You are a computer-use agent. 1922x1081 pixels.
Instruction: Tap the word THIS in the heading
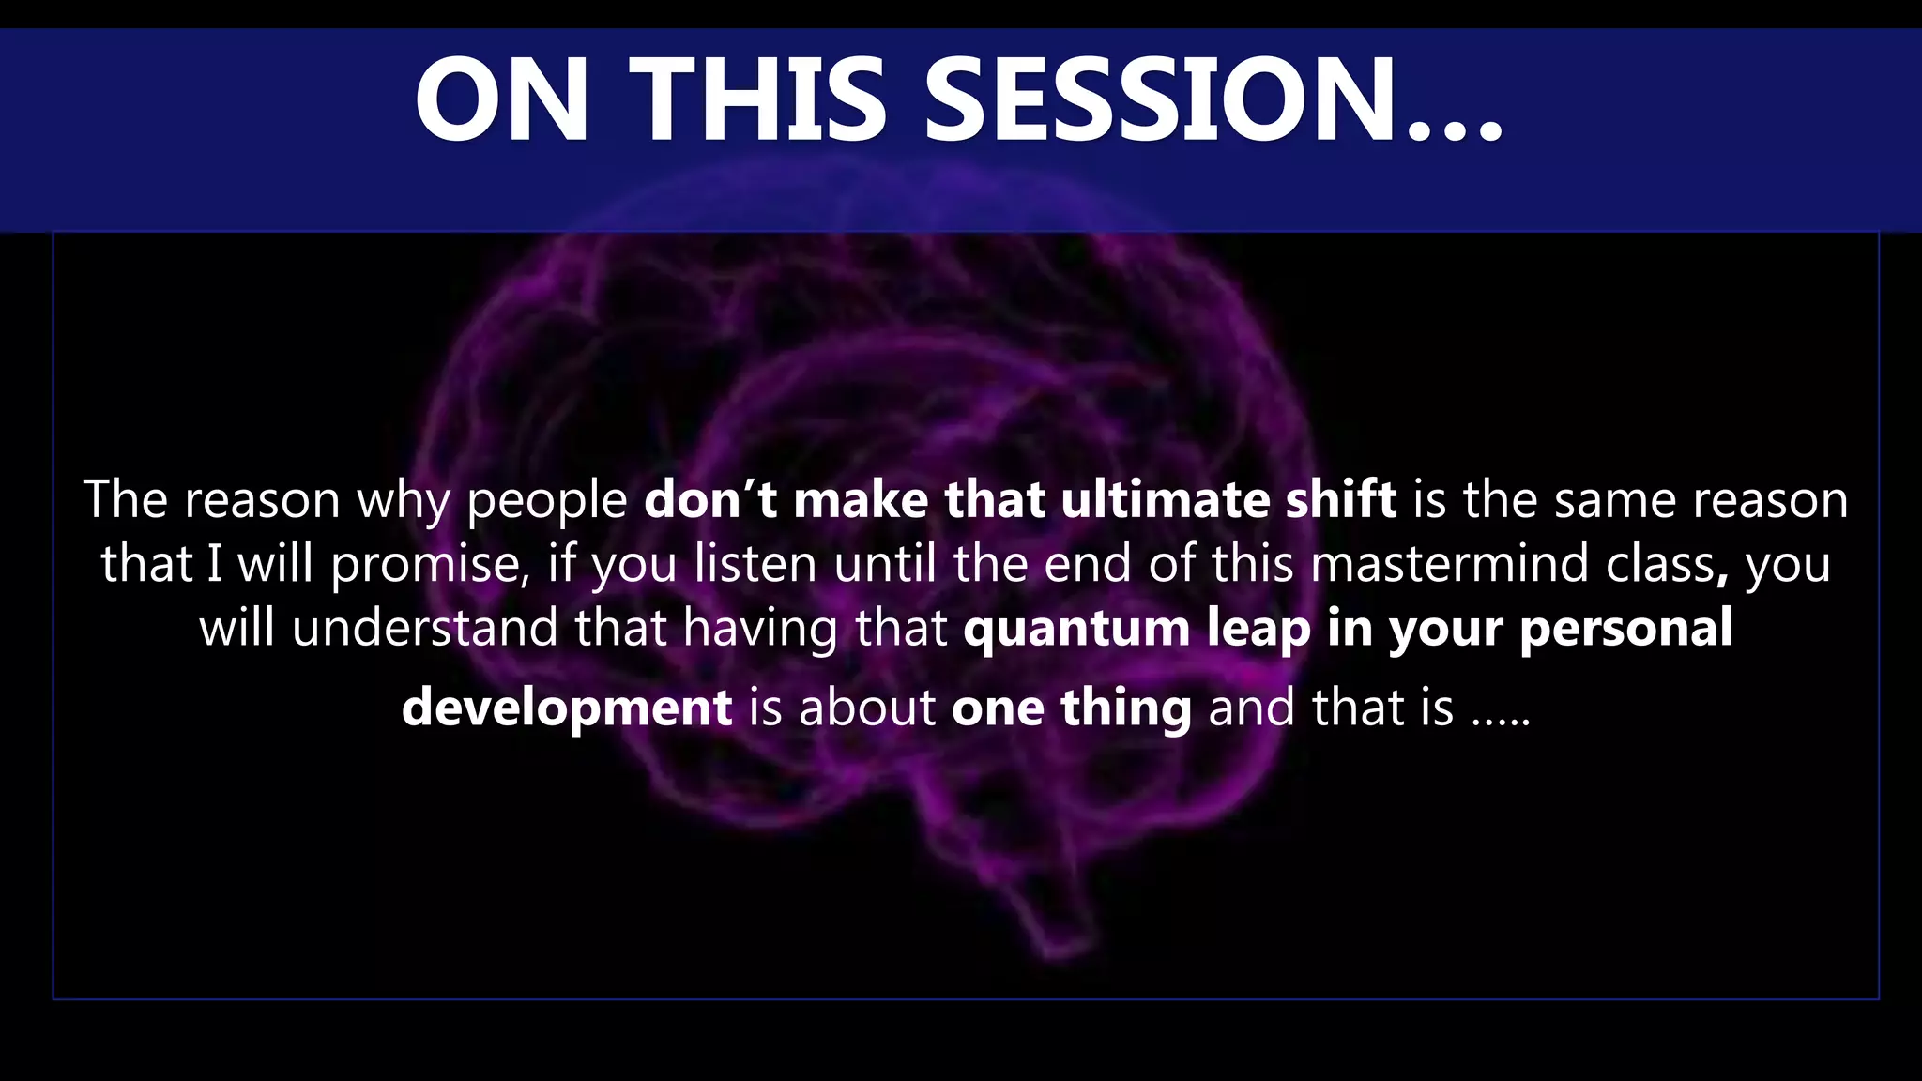click(758, 99)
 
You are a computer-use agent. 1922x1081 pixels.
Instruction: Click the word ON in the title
click(503, 99)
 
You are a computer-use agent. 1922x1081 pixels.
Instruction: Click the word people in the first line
click(547, 500)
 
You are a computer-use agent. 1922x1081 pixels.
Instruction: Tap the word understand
click(424, 627)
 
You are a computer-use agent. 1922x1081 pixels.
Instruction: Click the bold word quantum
click(1076, 629)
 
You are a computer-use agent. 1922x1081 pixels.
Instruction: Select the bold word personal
click(1625, 627)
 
